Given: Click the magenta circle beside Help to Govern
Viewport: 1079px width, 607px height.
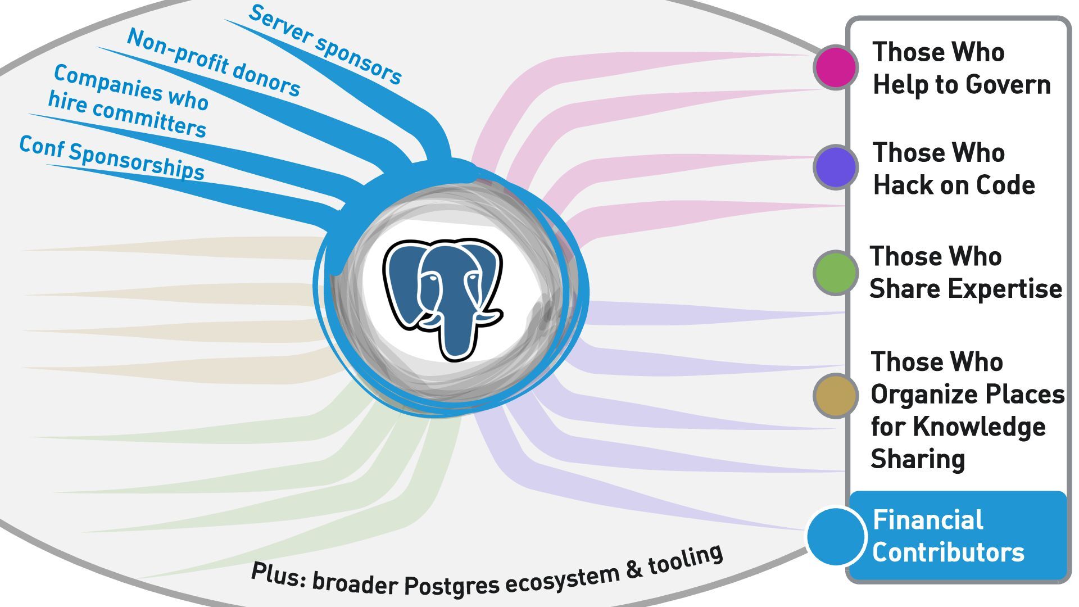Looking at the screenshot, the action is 836,67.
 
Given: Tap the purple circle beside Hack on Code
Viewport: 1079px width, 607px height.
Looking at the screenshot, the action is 836,167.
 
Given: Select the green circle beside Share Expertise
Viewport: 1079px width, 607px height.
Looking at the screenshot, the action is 836,273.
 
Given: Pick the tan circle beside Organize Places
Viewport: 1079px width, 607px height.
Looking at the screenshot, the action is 836,396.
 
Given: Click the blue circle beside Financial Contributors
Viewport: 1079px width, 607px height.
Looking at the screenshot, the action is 836,536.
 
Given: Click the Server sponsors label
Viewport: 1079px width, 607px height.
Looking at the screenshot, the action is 325,44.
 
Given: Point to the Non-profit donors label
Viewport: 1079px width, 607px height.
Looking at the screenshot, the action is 214,62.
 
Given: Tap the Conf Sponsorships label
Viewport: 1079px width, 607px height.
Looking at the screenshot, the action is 112,158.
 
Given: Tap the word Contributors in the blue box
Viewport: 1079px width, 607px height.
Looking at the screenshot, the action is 948,552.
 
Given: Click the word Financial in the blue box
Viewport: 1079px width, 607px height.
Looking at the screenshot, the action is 928,520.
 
